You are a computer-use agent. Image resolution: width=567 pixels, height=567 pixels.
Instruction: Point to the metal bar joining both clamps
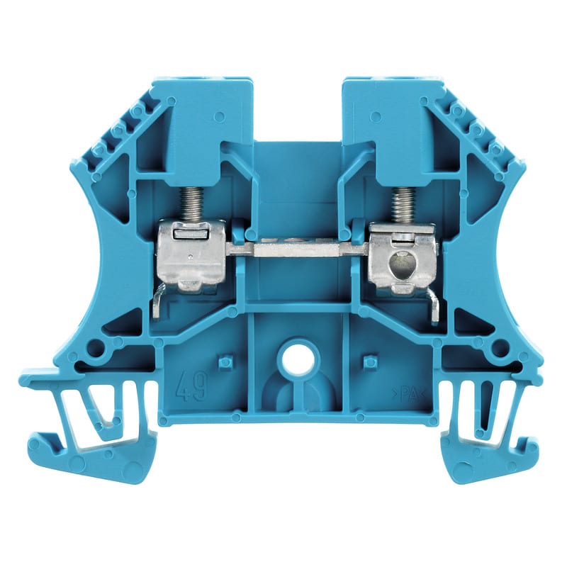pos(298,249)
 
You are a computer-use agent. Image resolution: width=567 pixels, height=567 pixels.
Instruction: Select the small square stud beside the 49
pos(225,361)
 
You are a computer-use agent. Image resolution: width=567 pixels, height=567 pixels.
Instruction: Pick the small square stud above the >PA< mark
pos(369,361)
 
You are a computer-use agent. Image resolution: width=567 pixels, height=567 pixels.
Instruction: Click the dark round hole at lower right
pos(500,348)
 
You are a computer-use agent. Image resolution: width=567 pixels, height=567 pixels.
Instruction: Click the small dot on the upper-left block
pos(220,116)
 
